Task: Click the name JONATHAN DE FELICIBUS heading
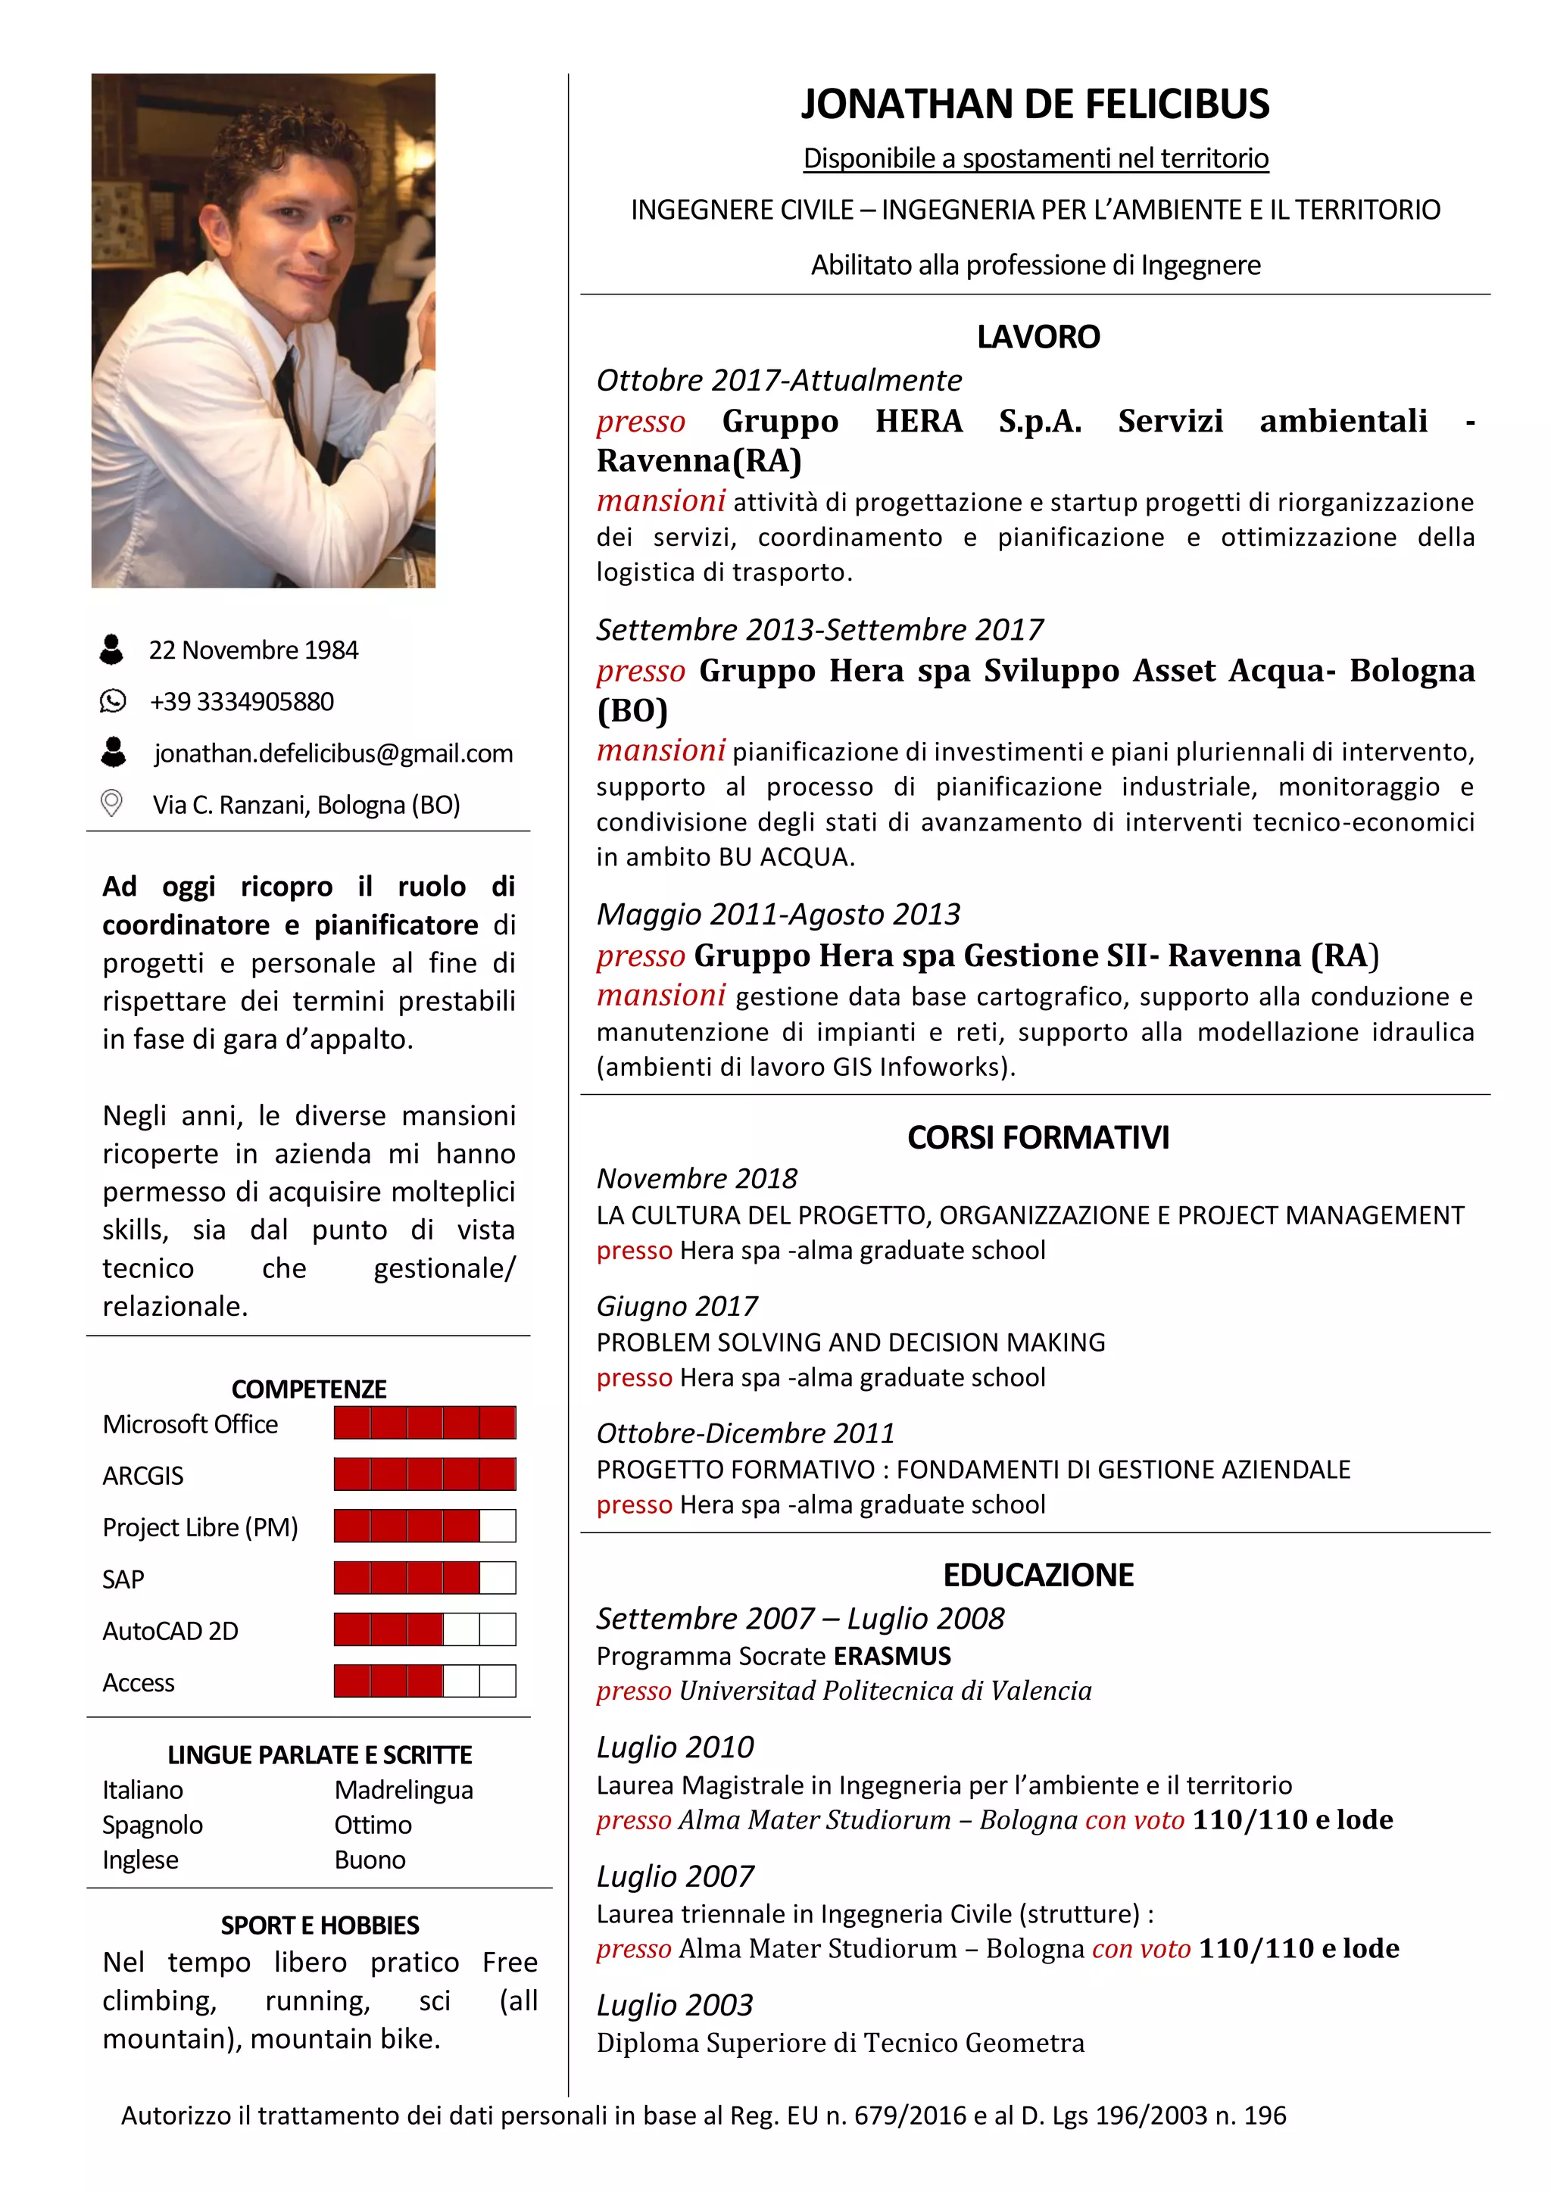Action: coord(1035,104)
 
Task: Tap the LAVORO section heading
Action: coord(1038,337)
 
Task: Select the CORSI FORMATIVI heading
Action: coord(1038,1137)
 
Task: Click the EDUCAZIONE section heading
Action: coord(1038,1574)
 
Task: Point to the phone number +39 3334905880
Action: coord(242,702)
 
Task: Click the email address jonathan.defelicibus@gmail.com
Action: coord(333,753)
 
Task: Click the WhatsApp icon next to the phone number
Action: coord(113,702)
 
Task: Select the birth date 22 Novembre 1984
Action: coord(253,650)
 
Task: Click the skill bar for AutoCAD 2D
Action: coord(424,1629)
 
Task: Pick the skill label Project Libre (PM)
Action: coord(200,1527)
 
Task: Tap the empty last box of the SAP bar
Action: coord(498,1578)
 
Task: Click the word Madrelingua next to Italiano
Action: coord(403,1790)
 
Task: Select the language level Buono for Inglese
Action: coord(370,1860)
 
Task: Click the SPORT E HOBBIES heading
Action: coord(320,1925)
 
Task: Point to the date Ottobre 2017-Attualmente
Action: coord(779,380)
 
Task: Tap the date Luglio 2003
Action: coord(674,2005)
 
